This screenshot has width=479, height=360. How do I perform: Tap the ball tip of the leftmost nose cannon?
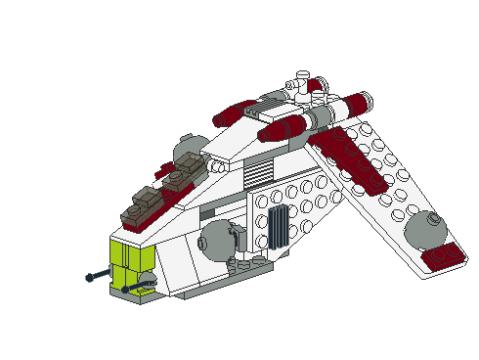[90, 278]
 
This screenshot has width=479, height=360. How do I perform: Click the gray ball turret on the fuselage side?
[216, 238]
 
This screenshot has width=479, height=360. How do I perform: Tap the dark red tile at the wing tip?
[446, 256]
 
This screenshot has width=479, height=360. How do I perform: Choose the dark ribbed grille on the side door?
[278, 226]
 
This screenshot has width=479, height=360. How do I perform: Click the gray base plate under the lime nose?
[132, 293]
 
